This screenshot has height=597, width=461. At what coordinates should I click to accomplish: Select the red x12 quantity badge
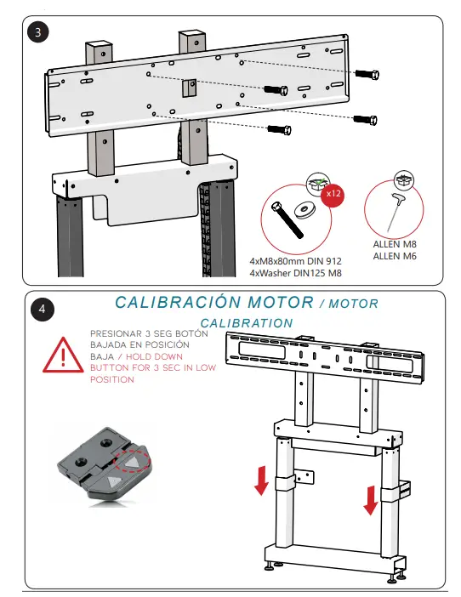[x=333, y=194]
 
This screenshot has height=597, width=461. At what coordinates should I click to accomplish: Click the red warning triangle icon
[x=62, y=355]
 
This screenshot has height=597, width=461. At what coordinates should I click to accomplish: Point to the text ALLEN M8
[x=393, y=245]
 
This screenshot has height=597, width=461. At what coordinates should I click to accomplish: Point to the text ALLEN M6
[x=393, y=255]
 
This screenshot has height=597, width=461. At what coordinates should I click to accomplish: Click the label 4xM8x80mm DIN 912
[x=293, y=261]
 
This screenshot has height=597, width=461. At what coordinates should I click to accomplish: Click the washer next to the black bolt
[x=304, y=208]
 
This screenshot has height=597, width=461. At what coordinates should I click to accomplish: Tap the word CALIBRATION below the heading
[x=247, y=323]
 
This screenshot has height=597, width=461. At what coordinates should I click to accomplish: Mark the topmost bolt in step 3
[x=366, y=74]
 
